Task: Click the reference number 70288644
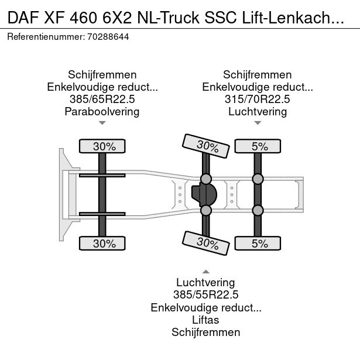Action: [x=108, y=36]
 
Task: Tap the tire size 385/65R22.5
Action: [x=102, y=99]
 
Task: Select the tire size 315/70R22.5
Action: [x=258, y=99]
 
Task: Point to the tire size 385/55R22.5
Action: [x=205, y=295]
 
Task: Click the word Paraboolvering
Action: [x=102, y=111]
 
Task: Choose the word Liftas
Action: [x=205, y=320]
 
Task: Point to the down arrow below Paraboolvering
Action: [x=102, y=123]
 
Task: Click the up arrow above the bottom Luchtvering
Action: [x=205, y=272]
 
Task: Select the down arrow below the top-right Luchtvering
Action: [x=258, y=123]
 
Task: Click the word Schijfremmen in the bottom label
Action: [x=205, y=332]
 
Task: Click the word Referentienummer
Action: [x=46, y=36]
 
